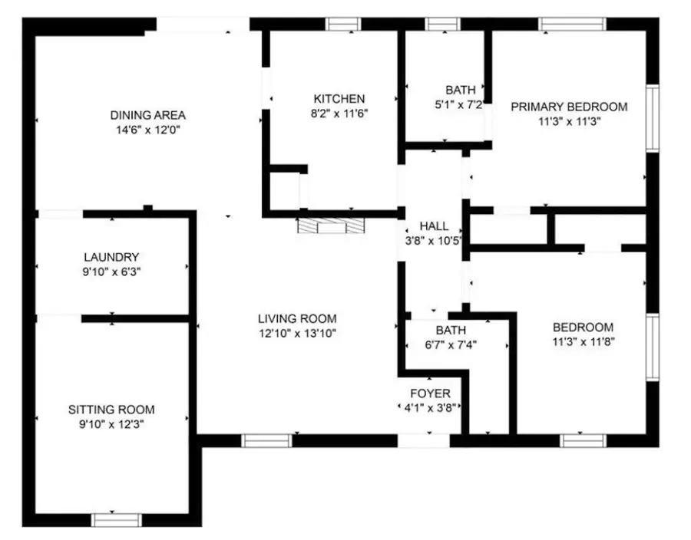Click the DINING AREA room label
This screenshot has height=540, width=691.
[148, 115]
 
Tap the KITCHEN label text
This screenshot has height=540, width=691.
[339, 98]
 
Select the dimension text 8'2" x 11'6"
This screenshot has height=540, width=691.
[339, 113]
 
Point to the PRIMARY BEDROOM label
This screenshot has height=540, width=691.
[569, 107]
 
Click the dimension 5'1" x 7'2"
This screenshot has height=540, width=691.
[460, 104]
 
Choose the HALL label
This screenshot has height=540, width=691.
[434, 226]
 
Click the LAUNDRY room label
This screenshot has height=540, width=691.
[112, 257]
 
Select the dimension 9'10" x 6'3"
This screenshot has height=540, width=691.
[112, 272]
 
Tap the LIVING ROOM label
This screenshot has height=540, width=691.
[297, 318]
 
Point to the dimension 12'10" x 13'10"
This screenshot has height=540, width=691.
[297, 333]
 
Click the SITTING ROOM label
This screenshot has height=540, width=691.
[111, 410]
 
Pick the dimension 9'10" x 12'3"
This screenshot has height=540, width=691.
[111, 424]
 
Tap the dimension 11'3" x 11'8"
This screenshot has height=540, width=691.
[583, 341]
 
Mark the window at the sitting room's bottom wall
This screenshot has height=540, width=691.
[117, 519]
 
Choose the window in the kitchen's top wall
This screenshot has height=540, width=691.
[343, 25]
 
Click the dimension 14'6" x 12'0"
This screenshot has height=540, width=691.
[148, 130]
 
